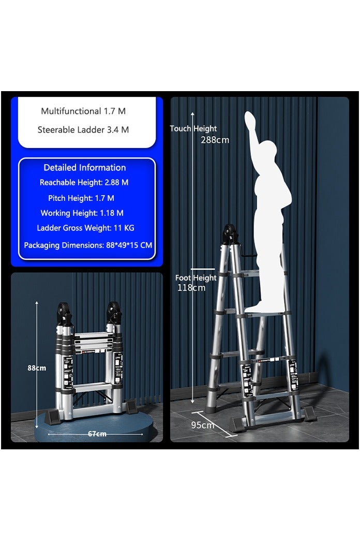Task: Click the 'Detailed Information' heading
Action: tap(85, 167)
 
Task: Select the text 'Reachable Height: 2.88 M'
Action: tap(84, 182)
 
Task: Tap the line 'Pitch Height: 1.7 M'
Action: tap(81, 198)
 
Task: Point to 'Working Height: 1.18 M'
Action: tap(82, 213)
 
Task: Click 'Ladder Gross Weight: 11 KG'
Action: tap(85, 228)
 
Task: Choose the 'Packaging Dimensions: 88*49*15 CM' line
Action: tap(88, 245)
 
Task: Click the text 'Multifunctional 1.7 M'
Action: tap(83, 111)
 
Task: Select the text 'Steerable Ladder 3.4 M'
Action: tap(83, 129)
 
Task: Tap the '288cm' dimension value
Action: tap(215, 140)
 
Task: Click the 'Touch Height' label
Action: tap(193, 128)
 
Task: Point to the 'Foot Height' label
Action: tap(196, 278)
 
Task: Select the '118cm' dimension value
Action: tap(191, 288)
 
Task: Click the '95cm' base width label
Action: tap(203, 425)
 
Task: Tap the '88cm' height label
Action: tap(37, 368)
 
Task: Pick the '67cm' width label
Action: tap(97, 434)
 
